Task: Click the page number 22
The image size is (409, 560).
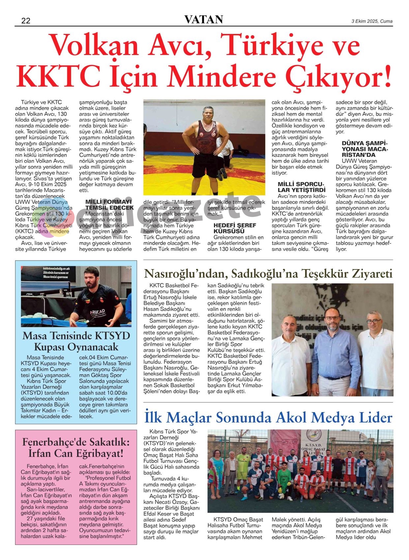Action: click(x=26, y=21)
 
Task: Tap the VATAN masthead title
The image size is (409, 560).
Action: click(x=204, y=20)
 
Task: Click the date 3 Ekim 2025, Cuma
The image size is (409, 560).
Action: click(x=372, y=21)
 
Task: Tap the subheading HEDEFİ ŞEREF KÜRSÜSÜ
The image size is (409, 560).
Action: click(x=235, y=228)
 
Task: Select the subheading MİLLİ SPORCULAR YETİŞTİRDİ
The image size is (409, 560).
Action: click(x=301, y=187)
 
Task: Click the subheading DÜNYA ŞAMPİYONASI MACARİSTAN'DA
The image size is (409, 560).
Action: click(x=365, y=149)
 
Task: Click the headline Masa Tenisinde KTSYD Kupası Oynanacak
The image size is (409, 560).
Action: click(x=76, y=341)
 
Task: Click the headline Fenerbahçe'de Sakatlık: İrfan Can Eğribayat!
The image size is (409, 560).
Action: click(x=76, y=447)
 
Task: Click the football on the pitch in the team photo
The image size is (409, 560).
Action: click(x=280, y=496)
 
